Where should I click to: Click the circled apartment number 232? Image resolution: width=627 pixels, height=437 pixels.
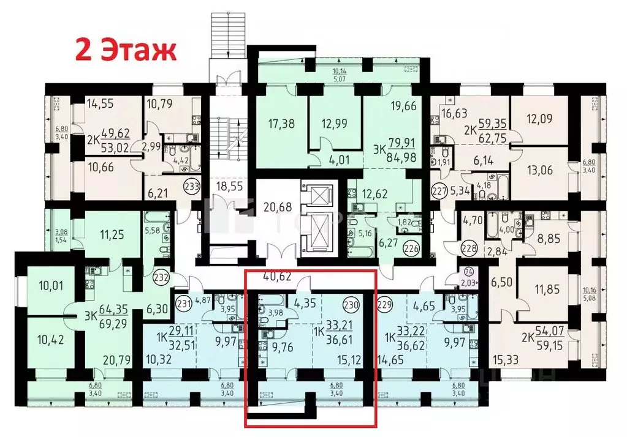pyautogui.click(x=161, y=276)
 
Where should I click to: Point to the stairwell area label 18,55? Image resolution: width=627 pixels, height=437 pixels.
pyautogui.click(x=221, y=184)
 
